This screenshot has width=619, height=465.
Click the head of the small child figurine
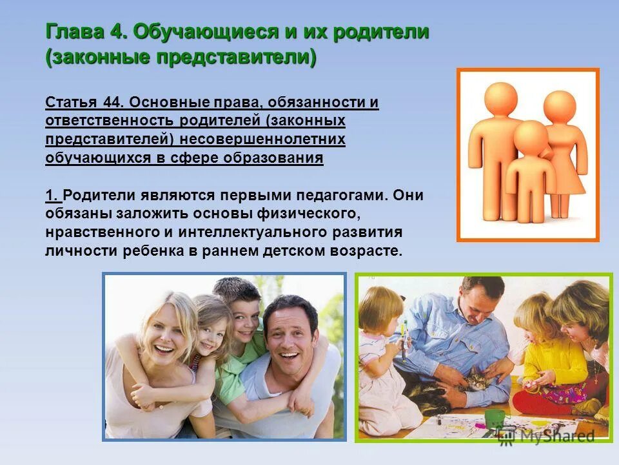[x=530, y=136]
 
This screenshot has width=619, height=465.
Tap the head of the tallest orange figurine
[x=501, y=99]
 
